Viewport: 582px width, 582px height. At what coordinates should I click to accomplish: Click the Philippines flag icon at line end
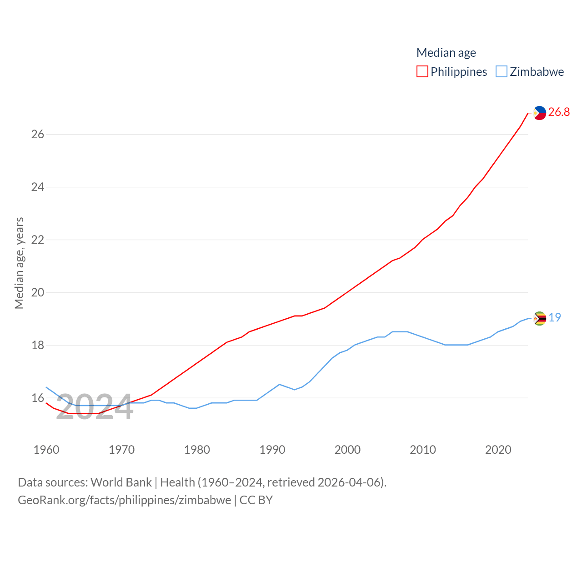[540, 112]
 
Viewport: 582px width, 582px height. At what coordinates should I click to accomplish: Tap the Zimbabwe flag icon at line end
[540, 318]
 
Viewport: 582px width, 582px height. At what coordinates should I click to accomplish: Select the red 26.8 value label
[559, 112]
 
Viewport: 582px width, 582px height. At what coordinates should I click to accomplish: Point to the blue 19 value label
[555, 317]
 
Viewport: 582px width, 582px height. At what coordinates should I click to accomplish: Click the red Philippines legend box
[422, 72]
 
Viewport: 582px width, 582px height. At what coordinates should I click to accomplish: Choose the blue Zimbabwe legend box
[501, 72]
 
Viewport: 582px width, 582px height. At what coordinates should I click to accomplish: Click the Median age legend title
[446, 53]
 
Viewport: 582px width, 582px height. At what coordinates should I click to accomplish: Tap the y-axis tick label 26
[38, 134]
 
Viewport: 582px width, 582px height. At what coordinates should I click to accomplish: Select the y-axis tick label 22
[38, 240]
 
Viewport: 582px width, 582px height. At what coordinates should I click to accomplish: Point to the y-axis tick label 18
[38, 345]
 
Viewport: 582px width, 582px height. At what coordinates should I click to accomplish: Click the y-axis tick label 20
[38, 292]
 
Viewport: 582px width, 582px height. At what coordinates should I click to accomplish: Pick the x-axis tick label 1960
[46, 450]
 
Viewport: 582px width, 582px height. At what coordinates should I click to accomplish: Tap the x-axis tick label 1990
[272, 450]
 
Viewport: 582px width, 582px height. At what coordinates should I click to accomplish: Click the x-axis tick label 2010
[423, 450]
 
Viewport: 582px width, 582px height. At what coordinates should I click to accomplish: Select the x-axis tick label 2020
[498, 450]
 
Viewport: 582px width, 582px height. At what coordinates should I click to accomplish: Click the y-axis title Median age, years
[19, 263]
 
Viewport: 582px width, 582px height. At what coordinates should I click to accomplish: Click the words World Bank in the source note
[121, 482]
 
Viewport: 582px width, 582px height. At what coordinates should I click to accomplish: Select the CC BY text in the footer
[256, 500]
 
